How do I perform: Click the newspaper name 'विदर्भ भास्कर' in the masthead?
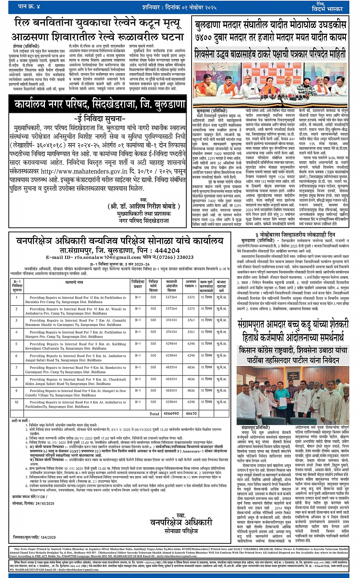pyautogui.click(x=327, y=9)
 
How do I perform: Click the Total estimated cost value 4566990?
pyautogui.click(x=171, y=413)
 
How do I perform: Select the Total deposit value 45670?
pyautogui.click(x=191, y=413)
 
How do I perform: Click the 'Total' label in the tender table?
pyautogui.click(x=154, y=413)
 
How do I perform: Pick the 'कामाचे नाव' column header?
pyautogui.click(x=74, y=283)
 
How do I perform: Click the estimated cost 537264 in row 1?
pyautogui.click(x=171, y=297)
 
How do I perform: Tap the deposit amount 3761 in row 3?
pyautogui.click(x=191, y=320)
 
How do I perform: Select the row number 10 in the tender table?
pyautogui.click(x=16, y=402)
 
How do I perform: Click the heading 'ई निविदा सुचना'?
pyautogui.click(x=99, y=119)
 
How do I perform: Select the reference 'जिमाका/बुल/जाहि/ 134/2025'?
pyautogui.click(x=34, y=537)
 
